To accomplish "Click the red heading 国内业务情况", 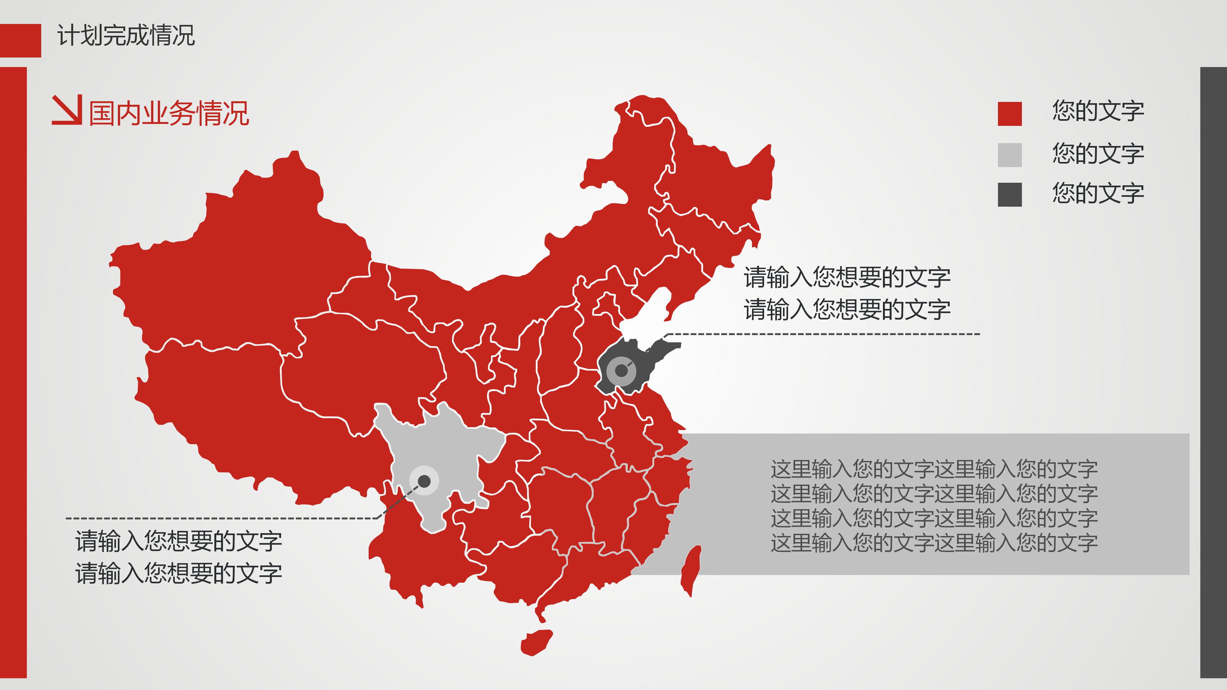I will point(169,114).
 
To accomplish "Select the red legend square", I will point(1009,114).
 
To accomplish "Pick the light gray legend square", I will point(1009,155).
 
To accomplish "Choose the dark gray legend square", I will point(1009,194).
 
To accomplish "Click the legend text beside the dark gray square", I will point(1098,193).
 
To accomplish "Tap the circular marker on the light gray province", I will point(424,481).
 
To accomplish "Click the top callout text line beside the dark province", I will point(847,278).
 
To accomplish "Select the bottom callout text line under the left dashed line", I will point(179,573).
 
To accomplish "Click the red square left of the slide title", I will point(20,41).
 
